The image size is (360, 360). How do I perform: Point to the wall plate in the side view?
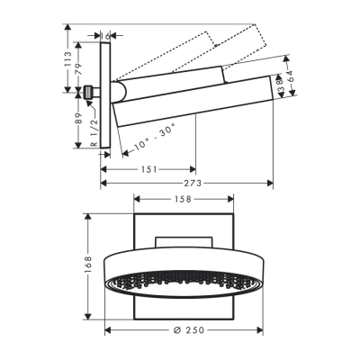click(x=106, y=94)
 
